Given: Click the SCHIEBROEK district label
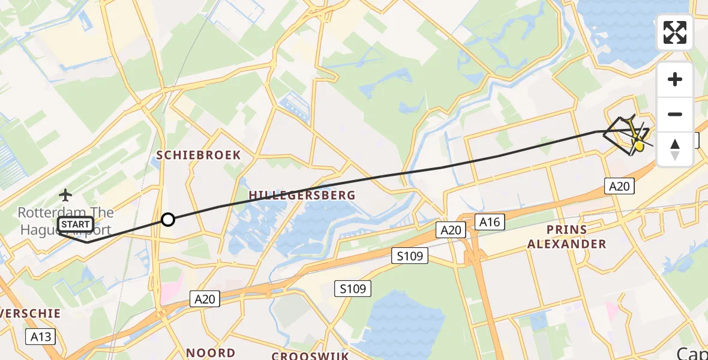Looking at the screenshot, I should pyautogui.click(x=199, y=155).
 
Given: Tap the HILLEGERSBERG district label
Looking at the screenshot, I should pyautogui.click(x=302, y=195).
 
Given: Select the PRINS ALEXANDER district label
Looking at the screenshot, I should pyautogui.click(x=577, y=237).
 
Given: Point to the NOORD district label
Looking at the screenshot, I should pyautogui.click(x=211, y=353).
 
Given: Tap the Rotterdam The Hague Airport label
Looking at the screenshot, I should pyautogui.click(x=65, y=221).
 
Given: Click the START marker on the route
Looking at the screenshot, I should pyautogui.click(x=76, y=225).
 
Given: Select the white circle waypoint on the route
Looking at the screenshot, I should pyautogui.click(x=168, y=220).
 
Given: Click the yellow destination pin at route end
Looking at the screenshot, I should pyautogui.click(x=639, y=145).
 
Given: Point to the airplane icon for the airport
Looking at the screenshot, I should pyautogui.click(x=65, y=194).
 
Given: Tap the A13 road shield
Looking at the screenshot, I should pyautogui.click(x=41, y=337).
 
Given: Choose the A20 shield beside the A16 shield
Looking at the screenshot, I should pyautogui.click(x=451, y=230).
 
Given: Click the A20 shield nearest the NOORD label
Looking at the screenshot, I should pyautogui.click(x=205, y=298).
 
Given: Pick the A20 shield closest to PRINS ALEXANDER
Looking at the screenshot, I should pyautogui.click(x=619, y=187).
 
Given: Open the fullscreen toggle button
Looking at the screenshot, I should pyautogui.click(x=675, y=32).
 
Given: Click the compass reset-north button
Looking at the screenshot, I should pyautogui.click(x=675, y=149).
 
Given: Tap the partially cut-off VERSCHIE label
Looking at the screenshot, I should pyautogui.click(x=31, y=313).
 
